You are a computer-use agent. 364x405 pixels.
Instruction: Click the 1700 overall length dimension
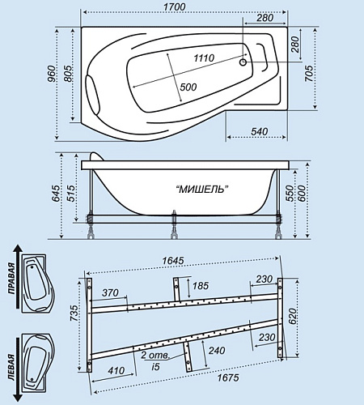(x=175, y=6)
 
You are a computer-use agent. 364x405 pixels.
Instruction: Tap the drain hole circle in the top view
(x=243, y=62)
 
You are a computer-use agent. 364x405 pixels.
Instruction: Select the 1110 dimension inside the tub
(x=204, y=58)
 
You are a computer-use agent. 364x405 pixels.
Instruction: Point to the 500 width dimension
(x=188, y=87)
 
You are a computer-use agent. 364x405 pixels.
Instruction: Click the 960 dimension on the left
(x=53, y=74)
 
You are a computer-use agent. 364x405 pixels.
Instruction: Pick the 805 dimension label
(x=68, y=74)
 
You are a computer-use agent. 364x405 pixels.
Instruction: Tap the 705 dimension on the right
(x=309, y=73)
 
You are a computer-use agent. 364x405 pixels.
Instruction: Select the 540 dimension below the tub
(x=260, y=131)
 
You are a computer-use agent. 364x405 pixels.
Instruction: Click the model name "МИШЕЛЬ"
(x=202, y=190)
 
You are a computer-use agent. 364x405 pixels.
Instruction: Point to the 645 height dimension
(x=55, y=194)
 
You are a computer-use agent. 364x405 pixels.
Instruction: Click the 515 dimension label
(x=70, y=194)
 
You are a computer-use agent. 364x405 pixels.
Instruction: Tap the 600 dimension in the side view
(x=301, y=194)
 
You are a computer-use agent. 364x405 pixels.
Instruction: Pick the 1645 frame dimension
(x=173, y=261)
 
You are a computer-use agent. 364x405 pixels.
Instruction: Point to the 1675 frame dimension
(x=228, y=377)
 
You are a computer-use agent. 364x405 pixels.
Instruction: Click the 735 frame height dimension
(x=74, y=313)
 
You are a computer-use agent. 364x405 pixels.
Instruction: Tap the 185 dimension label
(x=201, y=286)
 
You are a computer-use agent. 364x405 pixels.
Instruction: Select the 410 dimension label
(x=116, y=370)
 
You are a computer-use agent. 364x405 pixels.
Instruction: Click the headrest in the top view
(x=92, y=93)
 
